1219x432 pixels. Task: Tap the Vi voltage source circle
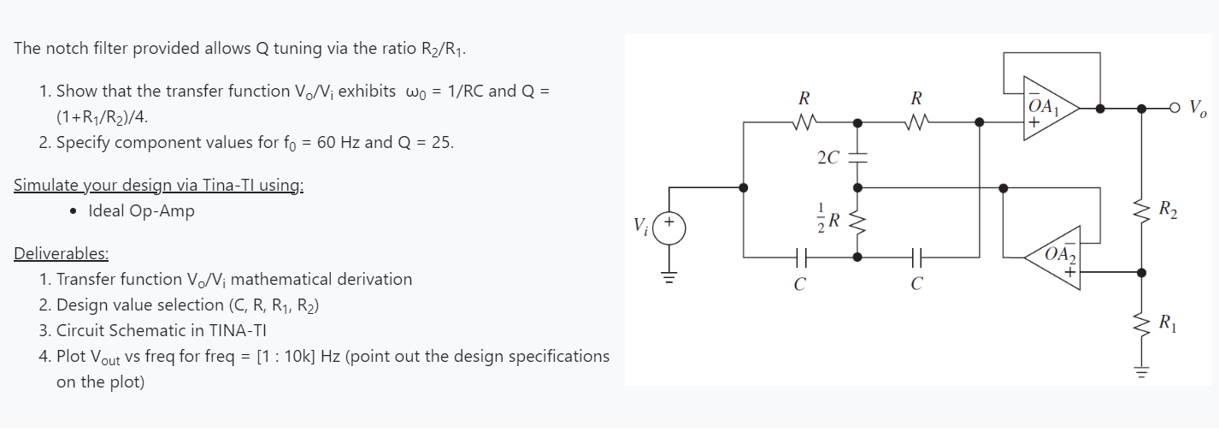[x=670, y=229]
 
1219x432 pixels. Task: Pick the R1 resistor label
[x=1169, y=323]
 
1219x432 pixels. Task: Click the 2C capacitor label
[x=827, y=157]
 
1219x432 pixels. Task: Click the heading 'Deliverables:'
[x=61, y=253]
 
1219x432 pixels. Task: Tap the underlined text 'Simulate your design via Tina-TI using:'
[x=158, y=185]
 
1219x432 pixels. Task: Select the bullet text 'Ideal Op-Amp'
[x=141, y=210]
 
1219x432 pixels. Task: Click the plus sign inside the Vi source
[x=670, y=221]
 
